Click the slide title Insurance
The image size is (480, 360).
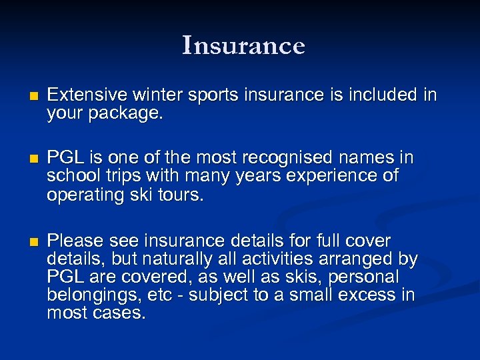click(243, 45)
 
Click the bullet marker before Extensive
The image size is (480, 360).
click(26, 96)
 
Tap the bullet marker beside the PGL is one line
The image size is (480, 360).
click(26, 159)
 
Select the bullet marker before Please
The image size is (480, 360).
click(26, 241)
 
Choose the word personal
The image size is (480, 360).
click(367, 277)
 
